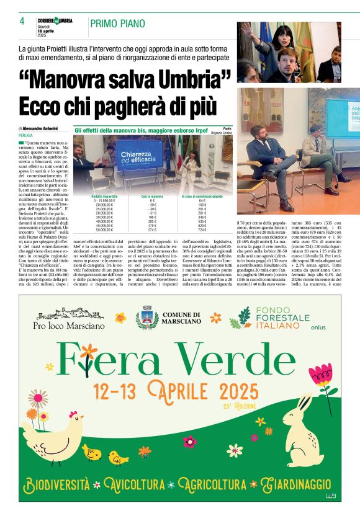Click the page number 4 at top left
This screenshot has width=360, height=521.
coord(22,21)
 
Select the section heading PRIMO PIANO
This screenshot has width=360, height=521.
coord(117,24)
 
